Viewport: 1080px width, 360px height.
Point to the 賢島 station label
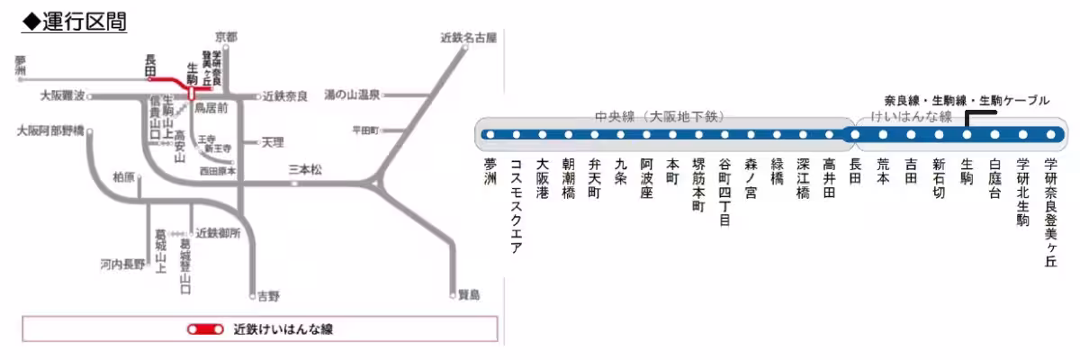coord(469,293)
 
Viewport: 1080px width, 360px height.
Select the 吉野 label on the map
coord(268,295)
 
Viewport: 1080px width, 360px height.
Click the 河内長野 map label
coord(122,265)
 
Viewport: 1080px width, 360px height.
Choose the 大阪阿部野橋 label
coord(50,130)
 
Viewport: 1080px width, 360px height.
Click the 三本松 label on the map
coord(305,169)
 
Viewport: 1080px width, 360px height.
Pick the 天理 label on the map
coord(272,142)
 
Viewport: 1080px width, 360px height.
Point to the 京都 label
coord(226,37)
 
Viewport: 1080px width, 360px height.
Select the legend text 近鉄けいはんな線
coord(283,329)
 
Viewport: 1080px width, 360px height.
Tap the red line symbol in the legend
coord(205,329)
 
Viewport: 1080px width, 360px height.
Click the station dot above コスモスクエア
coord(516,135)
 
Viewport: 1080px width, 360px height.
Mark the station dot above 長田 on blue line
coord(855,135)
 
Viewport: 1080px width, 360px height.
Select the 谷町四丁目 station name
coord(725,193)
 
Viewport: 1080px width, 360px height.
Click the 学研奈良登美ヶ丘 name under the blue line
coord(1050,211)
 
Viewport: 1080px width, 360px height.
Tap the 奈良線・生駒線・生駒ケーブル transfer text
coord(967,101)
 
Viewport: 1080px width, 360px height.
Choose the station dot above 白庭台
coord(994,135)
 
